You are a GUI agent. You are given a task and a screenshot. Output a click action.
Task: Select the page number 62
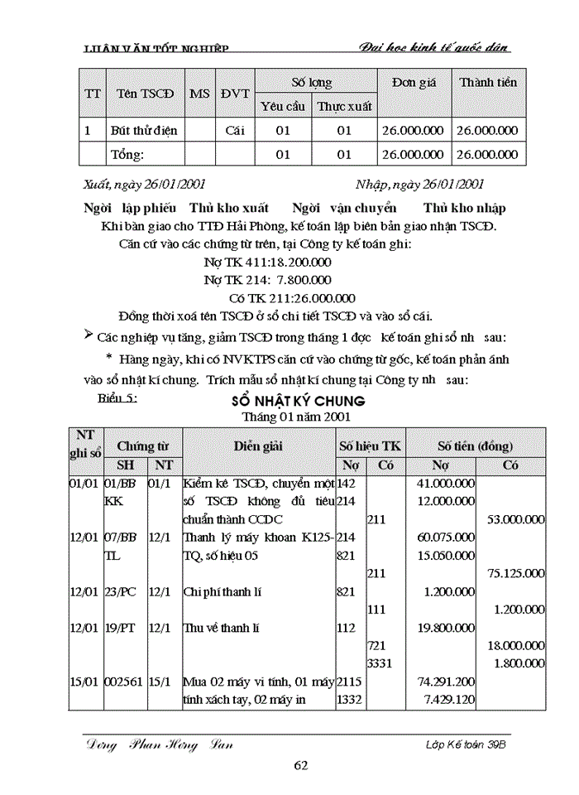301,764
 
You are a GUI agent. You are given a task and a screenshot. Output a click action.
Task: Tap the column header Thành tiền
488,82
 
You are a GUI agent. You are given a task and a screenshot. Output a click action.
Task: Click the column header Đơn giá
413,82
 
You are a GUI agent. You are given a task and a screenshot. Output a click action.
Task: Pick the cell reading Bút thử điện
144,130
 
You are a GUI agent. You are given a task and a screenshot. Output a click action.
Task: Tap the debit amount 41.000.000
446,482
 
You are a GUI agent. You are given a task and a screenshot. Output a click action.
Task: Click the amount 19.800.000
446,628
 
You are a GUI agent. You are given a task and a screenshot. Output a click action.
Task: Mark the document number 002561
124,682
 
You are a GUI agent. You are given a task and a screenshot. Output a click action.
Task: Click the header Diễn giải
258,446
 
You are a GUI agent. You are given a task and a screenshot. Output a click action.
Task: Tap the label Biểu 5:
117,397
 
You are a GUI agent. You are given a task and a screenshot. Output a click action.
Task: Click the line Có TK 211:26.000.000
291,298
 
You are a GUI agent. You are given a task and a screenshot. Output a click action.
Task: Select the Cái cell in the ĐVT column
235,130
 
